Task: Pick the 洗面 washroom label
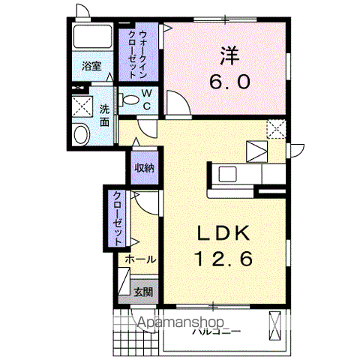(105, 115)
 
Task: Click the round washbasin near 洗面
(80, 134)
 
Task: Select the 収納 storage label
(144, 168)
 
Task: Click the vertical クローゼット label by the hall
(118, 218)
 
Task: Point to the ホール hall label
(140, 259)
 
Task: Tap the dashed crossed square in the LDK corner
(276, 129)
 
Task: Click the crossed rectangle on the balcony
(274, 326)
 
